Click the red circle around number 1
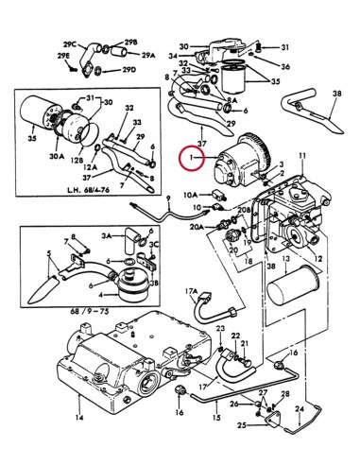(194, 157)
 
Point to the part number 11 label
(301, 155)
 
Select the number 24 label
(300, 410)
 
